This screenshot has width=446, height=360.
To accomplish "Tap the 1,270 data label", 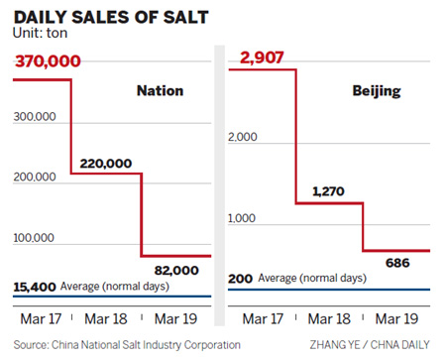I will point(330,190).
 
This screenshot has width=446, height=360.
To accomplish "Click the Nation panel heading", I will point(160,91).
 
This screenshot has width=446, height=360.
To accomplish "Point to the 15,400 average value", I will point(35,287).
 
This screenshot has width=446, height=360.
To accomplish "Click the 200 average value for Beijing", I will point(241,280).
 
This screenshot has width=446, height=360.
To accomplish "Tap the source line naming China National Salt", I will point(122,345).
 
